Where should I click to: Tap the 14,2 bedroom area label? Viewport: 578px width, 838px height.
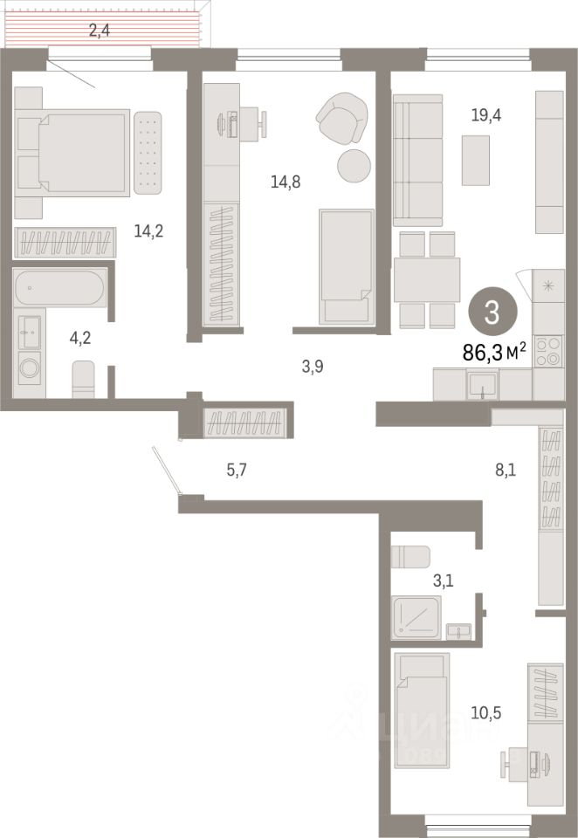pyautogui.click(x=148, y=231)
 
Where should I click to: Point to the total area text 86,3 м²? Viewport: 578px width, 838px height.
pyautogui.click(x=493, y=351)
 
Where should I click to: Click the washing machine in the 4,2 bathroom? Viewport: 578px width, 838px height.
pyautogui.click(x=29, y=368)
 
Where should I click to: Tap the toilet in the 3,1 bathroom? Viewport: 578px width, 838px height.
pyautogui.click(x=409, y=557)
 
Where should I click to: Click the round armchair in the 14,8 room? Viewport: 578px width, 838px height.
pyautogui.click(x=343, y=120)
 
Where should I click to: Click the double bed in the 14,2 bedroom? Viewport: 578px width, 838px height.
pyautogui.click(x=73, y=151)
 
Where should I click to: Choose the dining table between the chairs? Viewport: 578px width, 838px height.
pyautogui.click(x=427, y=279)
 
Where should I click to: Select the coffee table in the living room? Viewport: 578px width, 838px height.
pyautogui.click(x=476, y=161)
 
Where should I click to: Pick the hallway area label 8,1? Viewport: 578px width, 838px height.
pyautogui.click(x=506, y=471)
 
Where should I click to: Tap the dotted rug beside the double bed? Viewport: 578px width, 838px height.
pyautogui.click(x=148, y=154)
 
